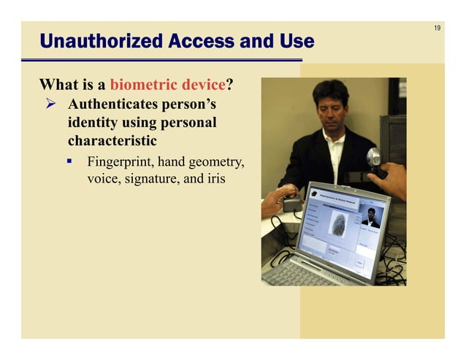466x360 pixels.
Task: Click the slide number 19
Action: [437, 28]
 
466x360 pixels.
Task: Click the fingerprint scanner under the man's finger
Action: [293, 204]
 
